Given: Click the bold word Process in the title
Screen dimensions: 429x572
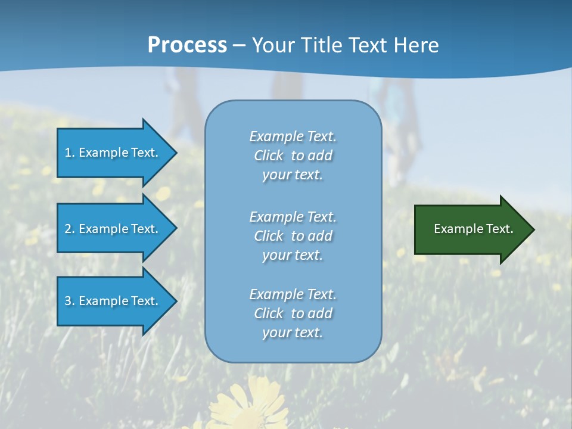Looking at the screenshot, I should point(187,45).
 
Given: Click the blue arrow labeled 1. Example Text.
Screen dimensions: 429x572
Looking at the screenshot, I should point(113,153).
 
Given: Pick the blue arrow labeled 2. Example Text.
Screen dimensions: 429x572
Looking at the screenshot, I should point(113,229).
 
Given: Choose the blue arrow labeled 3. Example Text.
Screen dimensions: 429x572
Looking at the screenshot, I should point(113,301).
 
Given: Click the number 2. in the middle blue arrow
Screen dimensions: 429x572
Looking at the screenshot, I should point(70,229).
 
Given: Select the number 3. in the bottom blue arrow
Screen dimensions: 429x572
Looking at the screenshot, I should point(70,301).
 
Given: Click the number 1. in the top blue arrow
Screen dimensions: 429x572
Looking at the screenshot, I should point(70,153).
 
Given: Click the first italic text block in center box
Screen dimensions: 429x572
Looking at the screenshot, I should point(293,156).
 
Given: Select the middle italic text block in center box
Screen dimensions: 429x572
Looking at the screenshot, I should point(293,236).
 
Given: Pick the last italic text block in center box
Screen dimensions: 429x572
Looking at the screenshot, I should point(293,313).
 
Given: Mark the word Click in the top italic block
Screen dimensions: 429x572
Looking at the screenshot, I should point(269,156).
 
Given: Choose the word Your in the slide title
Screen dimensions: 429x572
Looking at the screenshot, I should point(271,45).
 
